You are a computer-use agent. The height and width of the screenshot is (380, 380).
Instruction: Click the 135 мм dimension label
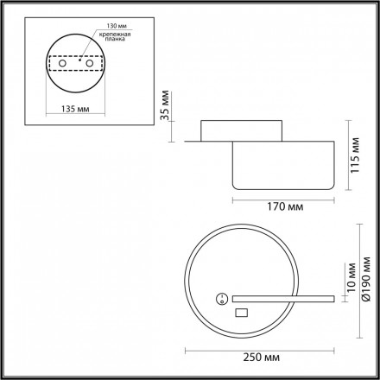point(75,109)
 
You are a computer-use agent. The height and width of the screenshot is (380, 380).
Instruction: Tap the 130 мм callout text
point(117,26)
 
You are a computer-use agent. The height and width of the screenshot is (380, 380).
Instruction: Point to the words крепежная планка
point(115,36)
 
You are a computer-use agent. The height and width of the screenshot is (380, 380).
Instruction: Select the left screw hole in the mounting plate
point(62,63)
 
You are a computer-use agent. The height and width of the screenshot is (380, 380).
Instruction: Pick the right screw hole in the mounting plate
point(90,63)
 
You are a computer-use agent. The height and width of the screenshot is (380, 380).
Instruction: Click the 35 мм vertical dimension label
point(164,105)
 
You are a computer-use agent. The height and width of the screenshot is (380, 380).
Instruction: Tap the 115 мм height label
point(355,155)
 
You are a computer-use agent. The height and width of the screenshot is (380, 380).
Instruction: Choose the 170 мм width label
point(285,206)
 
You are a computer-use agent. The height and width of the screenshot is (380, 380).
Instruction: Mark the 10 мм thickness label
point(351,277)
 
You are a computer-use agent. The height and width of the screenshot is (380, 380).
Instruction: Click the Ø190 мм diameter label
point(366,279)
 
